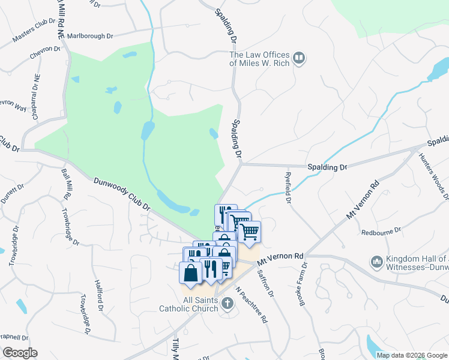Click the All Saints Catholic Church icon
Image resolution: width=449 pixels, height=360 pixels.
[x=227, y=303]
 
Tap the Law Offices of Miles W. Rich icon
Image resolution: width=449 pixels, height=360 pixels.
[x=300, y=59]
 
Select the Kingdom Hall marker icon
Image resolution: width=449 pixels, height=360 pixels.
[x=377, y=262]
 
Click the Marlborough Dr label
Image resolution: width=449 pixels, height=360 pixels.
[x=90, y=36]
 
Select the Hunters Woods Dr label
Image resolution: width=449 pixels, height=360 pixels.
[x=442, y=175]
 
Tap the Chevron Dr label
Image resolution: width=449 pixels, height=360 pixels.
[x=44, y=55]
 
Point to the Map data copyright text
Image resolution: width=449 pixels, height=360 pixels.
[x=412, y=355]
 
